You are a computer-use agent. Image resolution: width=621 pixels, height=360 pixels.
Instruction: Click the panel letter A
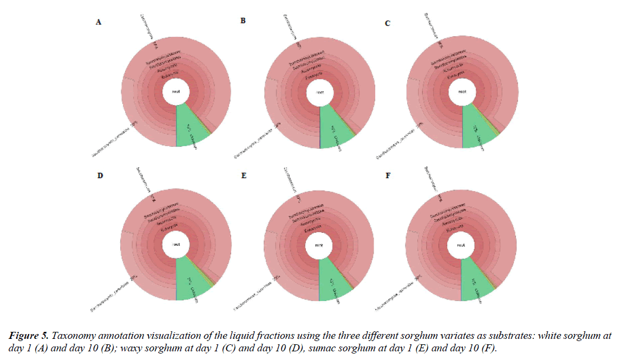click(98, 22)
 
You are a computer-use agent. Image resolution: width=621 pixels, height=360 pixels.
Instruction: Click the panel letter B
click(243, 21)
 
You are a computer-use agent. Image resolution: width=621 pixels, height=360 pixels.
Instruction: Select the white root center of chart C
click(462, 92)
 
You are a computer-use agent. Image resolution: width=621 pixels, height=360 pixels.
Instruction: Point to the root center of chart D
click(176, 245)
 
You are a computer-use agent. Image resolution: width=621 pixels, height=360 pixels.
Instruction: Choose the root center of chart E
click(319, 245)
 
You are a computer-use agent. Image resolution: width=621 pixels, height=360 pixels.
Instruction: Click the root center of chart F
click(461, 245)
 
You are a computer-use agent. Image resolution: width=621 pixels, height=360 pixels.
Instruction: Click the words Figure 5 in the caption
click(27, 336)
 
